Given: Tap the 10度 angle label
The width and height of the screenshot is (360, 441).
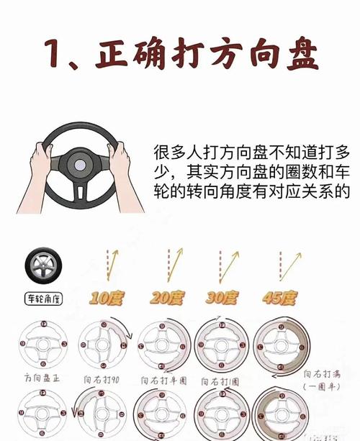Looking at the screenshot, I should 106,296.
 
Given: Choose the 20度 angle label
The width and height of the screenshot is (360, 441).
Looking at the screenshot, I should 167,296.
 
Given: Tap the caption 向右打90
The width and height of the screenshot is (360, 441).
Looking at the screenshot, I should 102,376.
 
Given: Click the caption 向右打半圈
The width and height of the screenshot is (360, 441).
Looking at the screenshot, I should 163,378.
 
